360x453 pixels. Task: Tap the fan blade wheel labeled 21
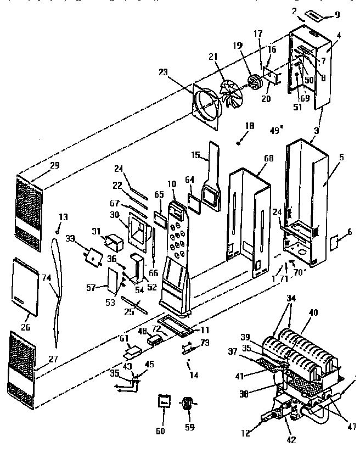231,94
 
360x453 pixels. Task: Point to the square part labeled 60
163,402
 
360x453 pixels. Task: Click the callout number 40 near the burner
313,313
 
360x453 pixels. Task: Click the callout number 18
250,126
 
